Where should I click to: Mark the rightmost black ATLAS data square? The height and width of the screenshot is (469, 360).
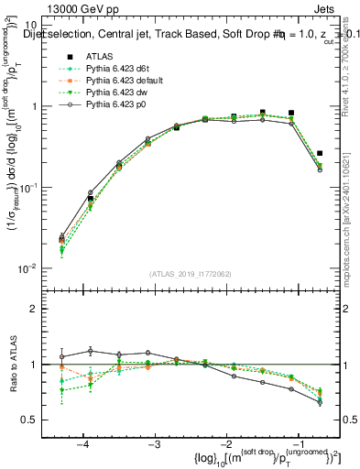(320, 153)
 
